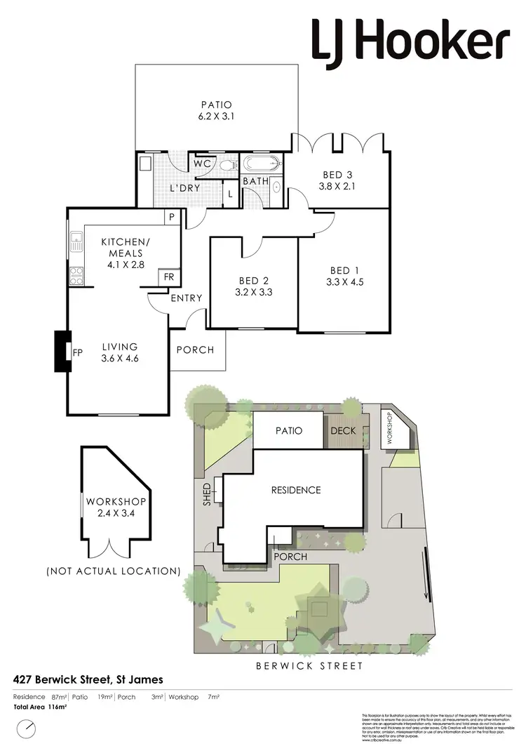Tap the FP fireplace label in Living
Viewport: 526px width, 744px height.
[78, 353]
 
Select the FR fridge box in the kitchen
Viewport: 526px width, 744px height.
[168, 277]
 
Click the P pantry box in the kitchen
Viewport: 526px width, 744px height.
[170, 217]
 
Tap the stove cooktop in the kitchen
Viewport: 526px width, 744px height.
[76, 275]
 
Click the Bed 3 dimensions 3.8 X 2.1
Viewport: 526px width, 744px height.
[333, 187]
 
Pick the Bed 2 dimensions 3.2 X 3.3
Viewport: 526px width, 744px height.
[254, 294]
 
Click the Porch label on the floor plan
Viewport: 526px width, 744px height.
[195, 350]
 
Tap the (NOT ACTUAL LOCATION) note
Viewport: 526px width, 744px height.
[114, 571]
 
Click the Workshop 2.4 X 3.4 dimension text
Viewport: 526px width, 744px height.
[116, 513]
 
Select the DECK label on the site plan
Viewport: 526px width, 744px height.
[344, 431]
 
